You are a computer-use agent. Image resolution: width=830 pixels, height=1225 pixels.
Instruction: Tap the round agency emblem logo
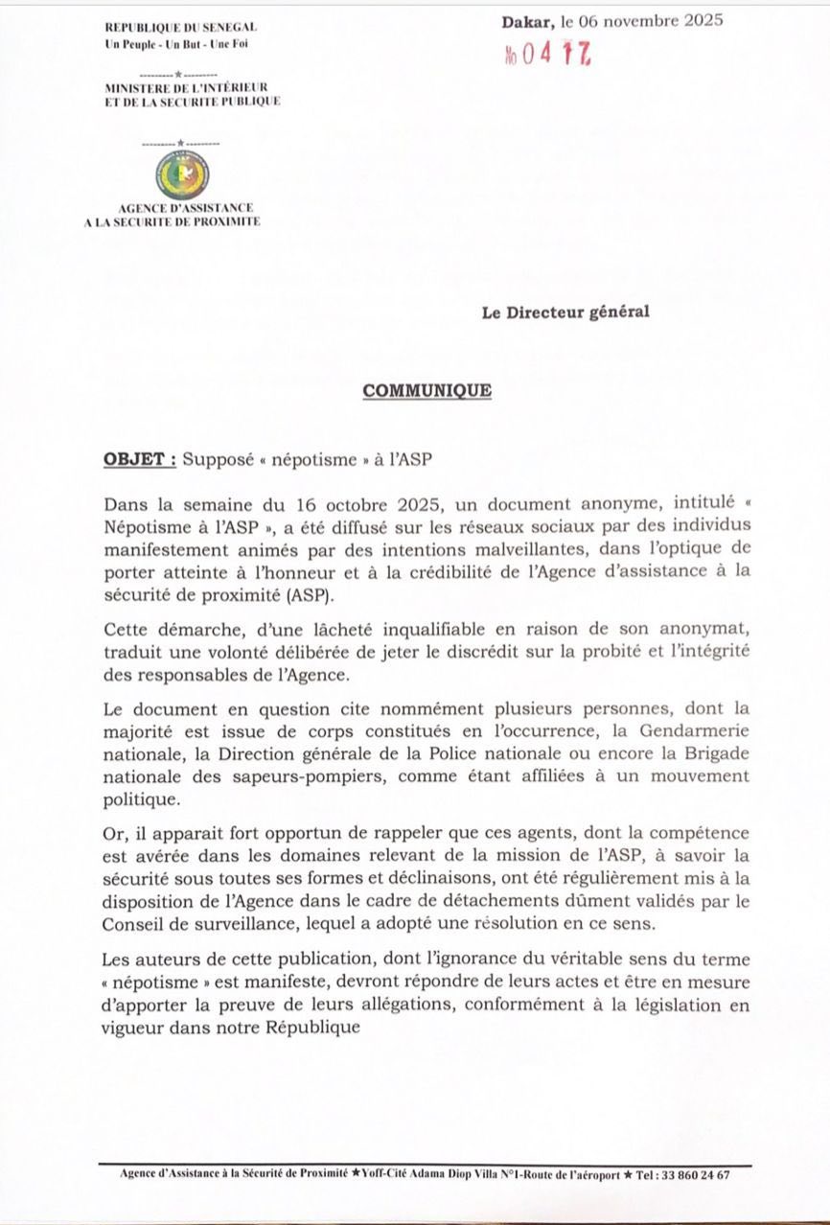[x=181, y=176]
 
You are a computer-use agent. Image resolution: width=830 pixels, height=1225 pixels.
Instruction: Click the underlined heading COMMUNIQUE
[x=427, y=391]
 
